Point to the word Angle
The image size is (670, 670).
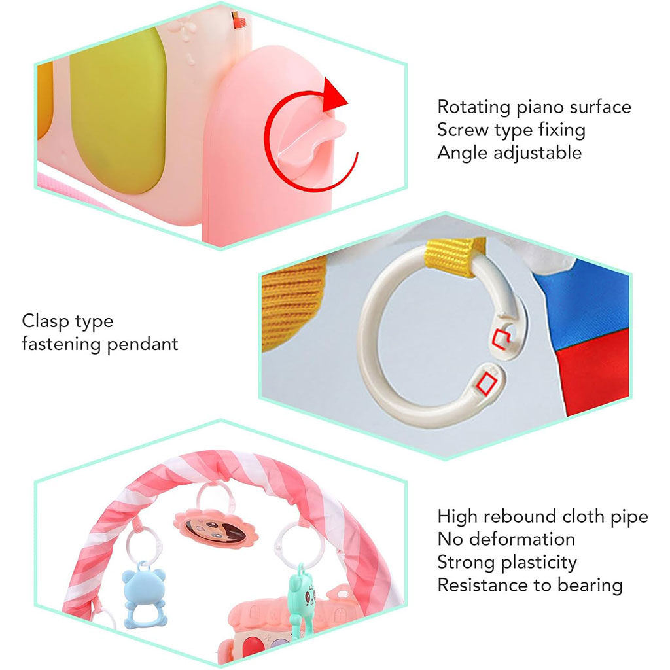(462, 152)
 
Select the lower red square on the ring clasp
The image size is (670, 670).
(487, 381)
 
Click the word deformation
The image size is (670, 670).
(521, 539)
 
